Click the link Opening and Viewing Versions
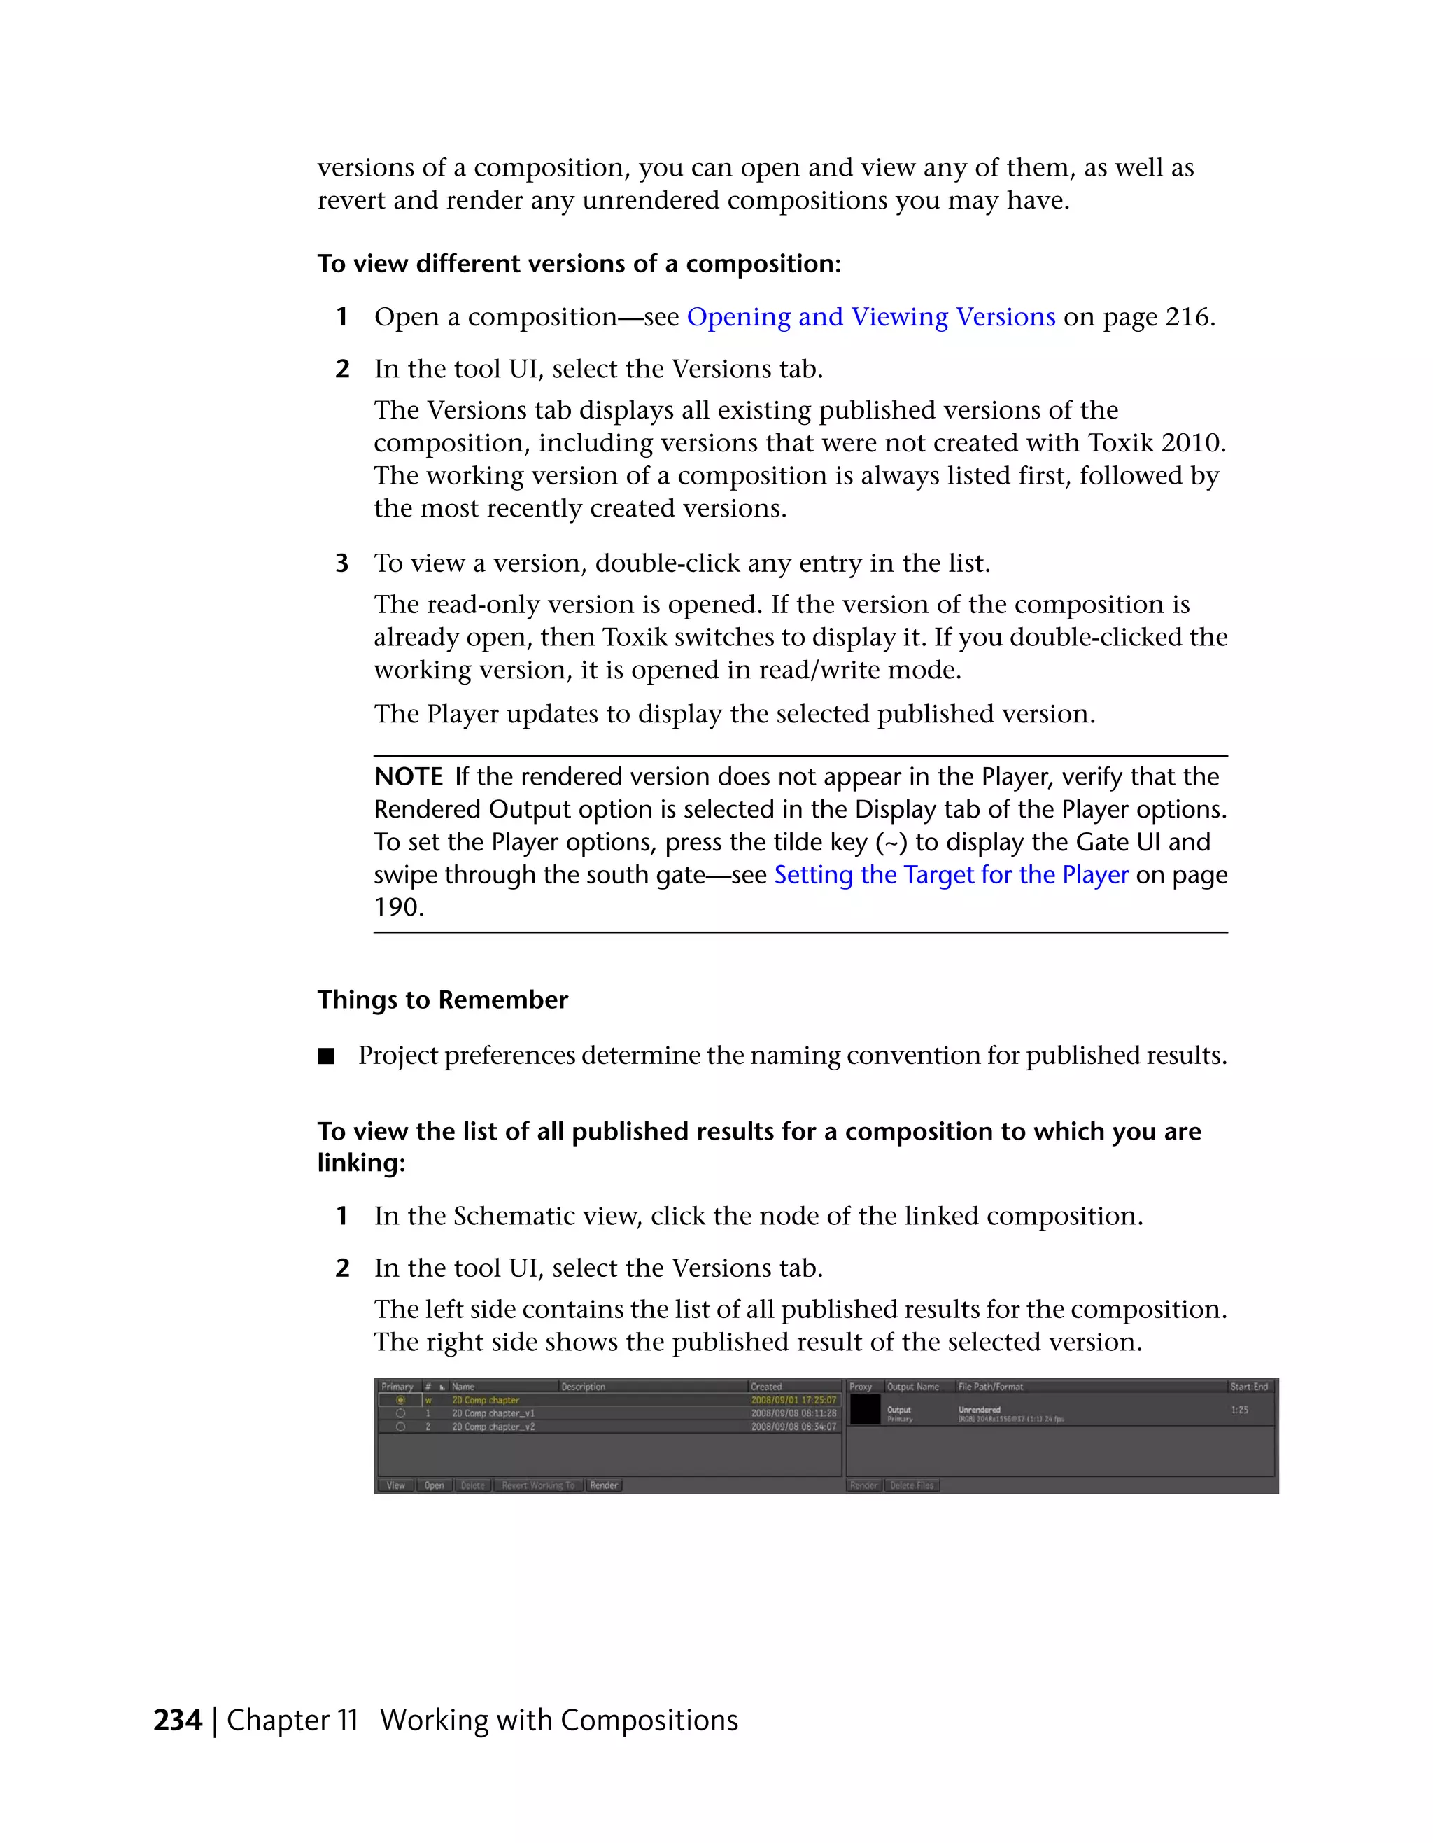tap(870, 317)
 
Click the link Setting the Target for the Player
tap(951, 875)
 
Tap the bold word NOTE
tap(408, 777)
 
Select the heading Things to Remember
tap(442, 1000)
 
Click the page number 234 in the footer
tap(177, 1720)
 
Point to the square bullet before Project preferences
tap(326, 1056)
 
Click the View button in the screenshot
tap(395, 1485)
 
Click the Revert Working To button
tap(537, 1485)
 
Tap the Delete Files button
tap(912, 1485)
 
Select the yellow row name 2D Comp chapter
tap(486, 1400)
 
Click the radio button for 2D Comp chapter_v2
tap(401, 1427)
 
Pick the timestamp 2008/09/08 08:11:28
tap(793, 1413)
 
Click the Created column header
tap(766, 1387)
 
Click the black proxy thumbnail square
tap(865, 1410)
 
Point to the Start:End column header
tap(1248, 1387)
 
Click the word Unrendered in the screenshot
tap(979, 1409)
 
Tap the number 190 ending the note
tap(398, 908)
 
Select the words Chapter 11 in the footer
tap(292, 1720)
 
